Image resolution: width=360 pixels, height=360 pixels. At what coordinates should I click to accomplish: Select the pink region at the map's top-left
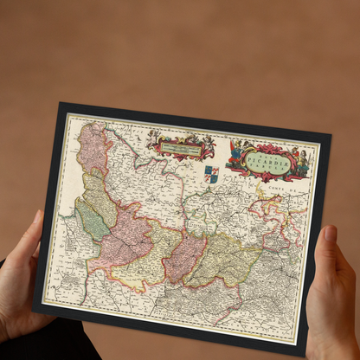[93, 150]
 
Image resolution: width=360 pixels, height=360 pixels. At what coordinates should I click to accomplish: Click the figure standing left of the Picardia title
[235, 153]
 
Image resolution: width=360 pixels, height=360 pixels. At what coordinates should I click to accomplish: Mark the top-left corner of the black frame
[61, 104]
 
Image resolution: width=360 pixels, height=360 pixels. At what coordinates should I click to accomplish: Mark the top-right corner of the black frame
[331, 136]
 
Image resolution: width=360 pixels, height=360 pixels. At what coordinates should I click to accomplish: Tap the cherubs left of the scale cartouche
[156, 138]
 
